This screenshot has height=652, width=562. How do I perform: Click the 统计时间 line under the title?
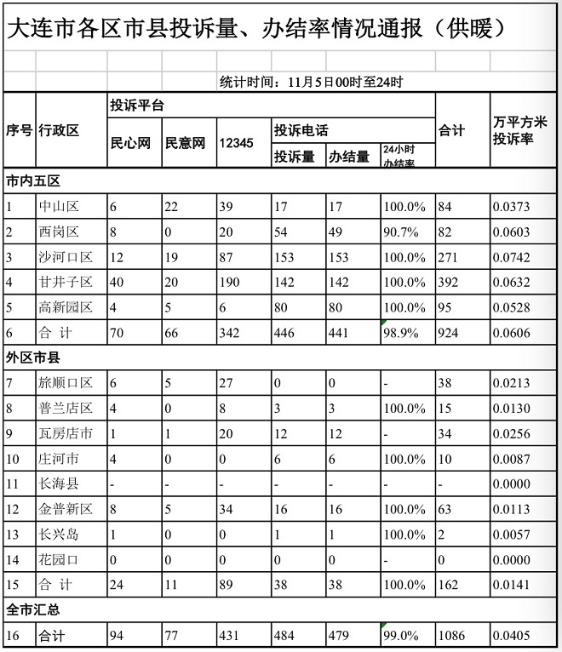click(x=311, y=82)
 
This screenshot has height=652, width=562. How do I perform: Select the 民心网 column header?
click(x=130, y=143)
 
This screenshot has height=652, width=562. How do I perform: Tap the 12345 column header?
click(x=236, y=143)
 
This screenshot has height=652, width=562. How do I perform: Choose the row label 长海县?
click(x=59, y=484)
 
